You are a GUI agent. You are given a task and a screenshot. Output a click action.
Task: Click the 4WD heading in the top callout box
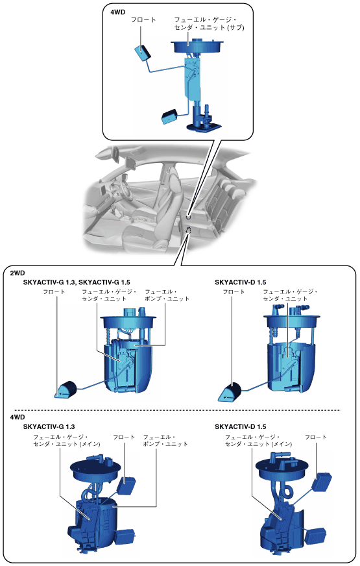tap(117, 12)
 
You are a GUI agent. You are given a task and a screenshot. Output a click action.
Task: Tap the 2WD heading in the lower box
tap(18, 273)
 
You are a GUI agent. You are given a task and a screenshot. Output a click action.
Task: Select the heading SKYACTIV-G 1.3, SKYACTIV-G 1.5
tap(77, 282)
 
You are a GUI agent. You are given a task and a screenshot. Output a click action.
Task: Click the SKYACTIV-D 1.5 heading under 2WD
tap(240, 282)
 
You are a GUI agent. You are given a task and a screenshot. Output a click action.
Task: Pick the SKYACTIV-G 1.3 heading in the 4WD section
tap(49, 426)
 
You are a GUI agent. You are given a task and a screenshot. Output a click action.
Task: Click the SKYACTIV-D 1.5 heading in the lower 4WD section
tap(240, 426)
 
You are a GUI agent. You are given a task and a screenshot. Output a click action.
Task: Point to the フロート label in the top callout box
tap(143, 20)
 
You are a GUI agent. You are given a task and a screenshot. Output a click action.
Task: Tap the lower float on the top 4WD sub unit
tap(170, 116)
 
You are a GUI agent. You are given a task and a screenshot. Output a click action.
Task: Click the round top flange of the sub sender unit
tap(197, 45)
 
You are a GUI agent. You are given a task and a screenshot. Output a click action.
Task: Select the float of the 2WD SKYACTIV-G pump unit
tap(66, 389)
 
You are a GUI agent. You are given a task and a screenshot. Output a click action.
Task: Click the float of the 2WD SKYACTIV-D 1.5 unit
tap(230, 392)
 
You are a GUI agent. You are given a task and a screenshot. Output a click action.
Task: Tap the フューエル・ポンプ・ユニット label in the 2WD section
tap(167, 295)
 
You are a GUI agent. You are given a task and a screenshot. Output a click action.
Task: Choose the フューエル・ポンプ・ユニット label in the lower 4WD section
tap(165, 440)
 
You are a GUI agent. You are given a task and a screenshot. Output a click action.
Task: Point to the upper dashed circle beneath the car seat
tap(188, 217)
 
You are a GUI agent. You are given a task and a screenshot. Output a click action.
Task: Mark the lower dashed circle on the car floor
tap(188, 230)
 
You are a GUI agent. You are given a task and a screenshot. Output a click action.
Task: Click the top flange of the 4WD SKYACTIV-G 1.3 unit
tap(95, 470)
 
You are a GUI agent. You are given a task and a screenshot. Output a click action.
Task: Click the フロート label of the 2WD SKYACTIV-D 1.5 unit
tap(234, 291)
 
